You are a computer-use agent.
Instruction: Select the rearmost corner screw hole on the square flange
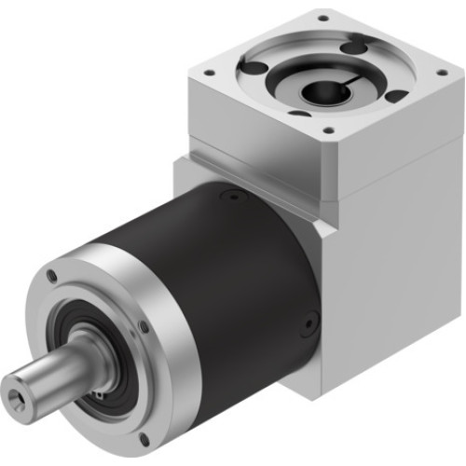tap(323, 17)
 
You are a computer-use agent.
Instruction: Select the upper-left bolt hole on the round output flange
tap(52, 277)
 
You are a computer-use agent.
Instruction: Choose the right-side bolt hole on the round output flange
tap(142, 325)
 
